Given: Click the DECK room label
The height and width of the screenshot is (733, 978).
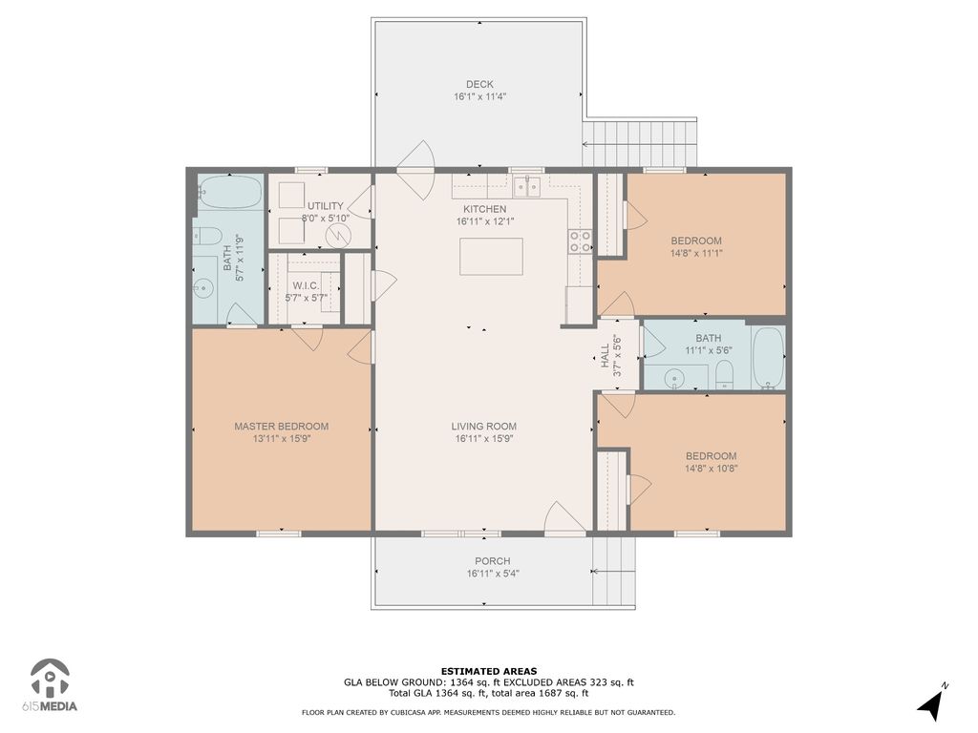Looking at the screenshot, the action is (479, 84).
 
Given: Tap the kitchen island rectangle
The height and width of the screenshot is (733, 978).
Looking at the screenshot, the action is (491, 256).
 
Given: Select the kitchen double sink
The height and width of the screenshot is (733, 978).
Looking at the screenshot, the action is (527, 186).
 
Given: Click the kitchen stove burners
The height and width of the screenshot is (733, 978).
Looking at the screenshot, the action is (580, 241).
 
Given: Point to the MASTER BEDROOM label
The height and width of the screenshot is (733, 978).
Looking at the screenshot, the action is (282, 427).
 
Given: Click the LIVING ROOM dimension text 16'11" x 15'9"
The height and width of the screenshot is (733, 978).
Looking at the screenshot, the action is (484, 439).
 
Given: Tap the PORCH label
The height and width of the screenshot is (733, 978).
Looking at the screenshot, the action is (493, 561).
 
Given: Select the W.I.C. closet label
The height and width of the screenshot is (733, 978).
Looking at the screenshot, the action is (306, 285).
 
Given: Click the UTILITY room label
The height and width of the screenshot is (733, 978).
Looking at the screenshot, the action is (325, 206).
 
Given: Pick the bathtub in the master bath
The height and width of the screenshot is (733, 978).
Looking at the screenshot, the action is (229, 193).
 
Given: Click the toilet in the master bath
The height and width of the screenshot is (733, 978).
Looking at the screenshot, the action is (207, 236).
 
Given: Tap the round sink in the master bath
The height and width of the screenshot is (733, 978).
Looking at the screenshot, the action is (202, 287).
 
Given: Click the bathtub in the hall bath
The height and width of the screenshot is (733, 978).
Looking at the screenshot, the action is (768, 358).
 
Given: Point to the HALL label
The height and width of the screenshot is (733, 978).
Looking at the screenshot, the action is (605, 356).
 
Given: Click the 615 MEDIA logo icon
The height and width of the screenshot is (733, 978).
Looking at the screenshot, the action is (51, 679).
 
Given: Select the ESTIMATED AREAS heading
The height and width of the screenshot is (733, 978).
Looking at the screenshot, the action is (489, 671).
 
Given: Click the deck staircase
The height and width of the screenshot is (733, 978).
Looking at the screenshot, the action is (639, 143).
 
